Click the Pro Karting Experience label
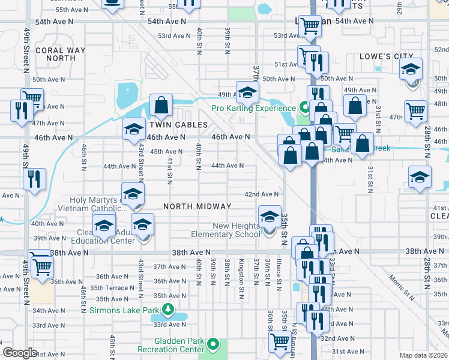pyautogui.click(x=254, y=109)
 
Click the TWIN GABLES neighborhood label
pyautogui.click(x=178, y=125)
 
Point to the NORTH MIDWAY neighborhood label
pyautogui.click(x=197, y=206)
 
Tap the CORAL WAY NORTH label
pyautogui.click(x=56, y=55)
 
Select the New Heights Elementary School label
pyautogui.click(x=226, y=230)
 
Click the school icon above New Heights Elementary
pyautogui.click(x=270, y=215)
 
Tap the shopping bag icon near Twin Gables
pyautogui.click(x=161, y=106)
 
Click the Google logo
pyautogui.click(x=20, y=353)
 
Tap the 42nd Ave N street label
pyautogui.click(x=261, y=194)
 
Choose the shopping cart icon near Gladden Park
pyautogui.click(x=280, y=342)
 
